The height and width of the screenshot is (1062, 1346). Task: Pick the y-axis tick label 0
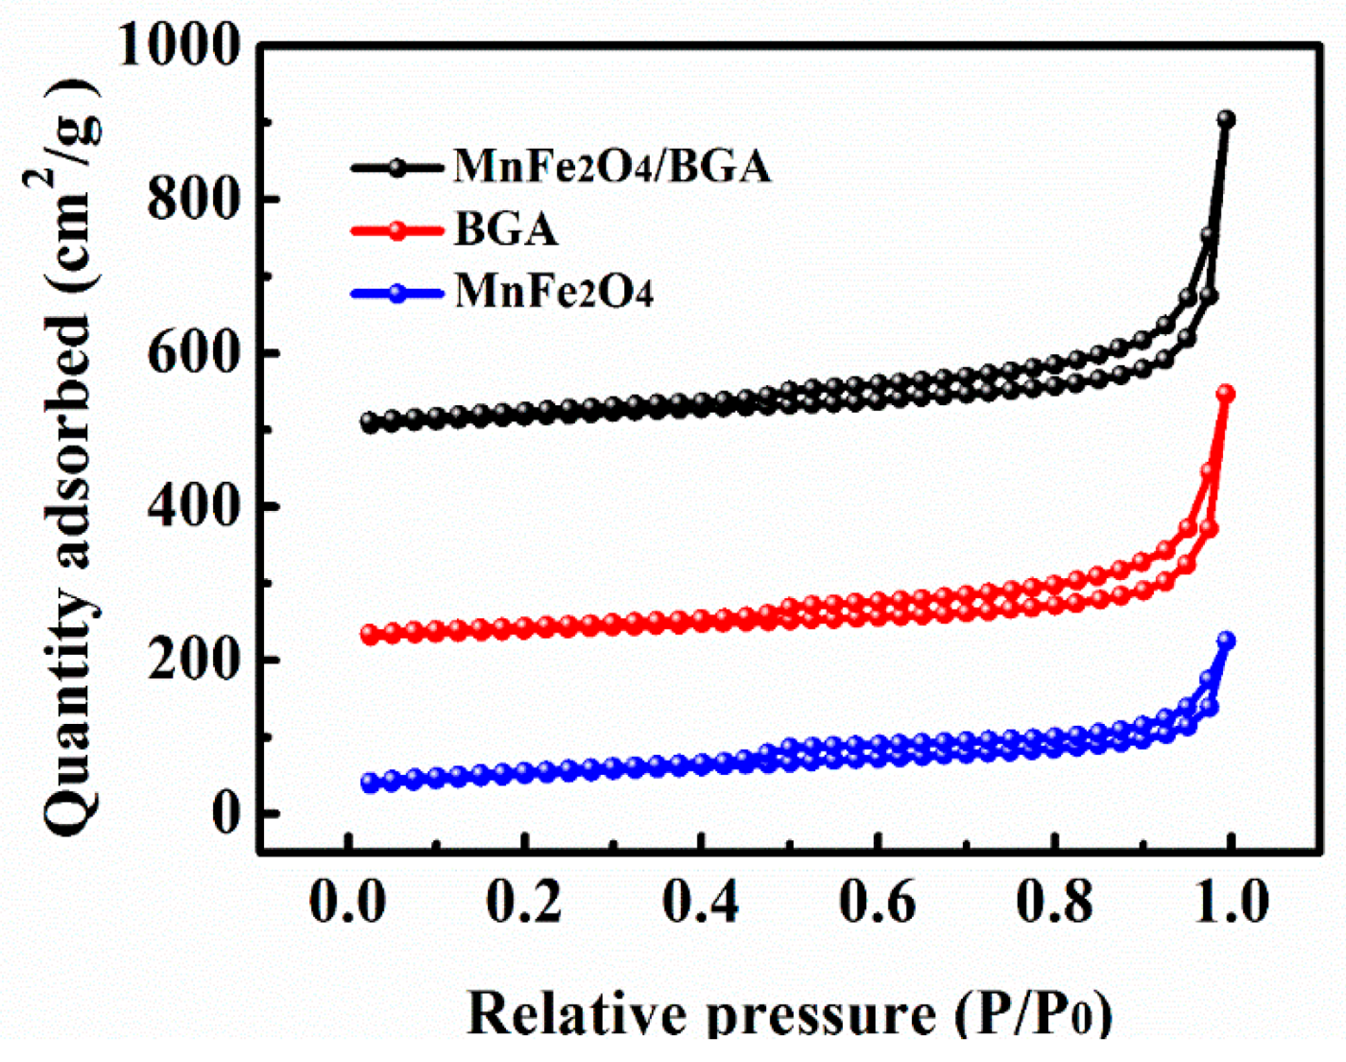point(224,814)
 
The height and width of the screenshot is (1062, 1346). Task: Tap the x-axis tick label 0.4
point(701,903)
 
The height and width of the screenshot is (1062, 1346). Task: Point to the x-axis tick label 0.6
point(877,903)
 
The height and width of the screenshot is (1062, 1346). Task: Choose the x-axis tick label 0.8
point(1054,903)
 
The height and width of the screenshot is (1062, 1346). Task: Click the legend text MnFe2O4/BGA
point(612,167)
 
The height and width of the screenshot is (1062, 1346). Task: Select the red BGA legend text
point(506,229)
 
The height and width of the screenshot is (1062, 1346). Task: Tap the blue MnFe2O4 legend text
point(554,291)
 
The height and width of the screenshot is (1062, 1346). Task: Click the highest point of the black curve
point(1226,120)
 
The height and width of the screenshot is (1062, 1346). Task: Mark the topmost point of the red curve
point(1226,395)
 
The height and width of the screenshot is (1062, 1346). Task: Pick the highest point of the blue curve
point(1226,640)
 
